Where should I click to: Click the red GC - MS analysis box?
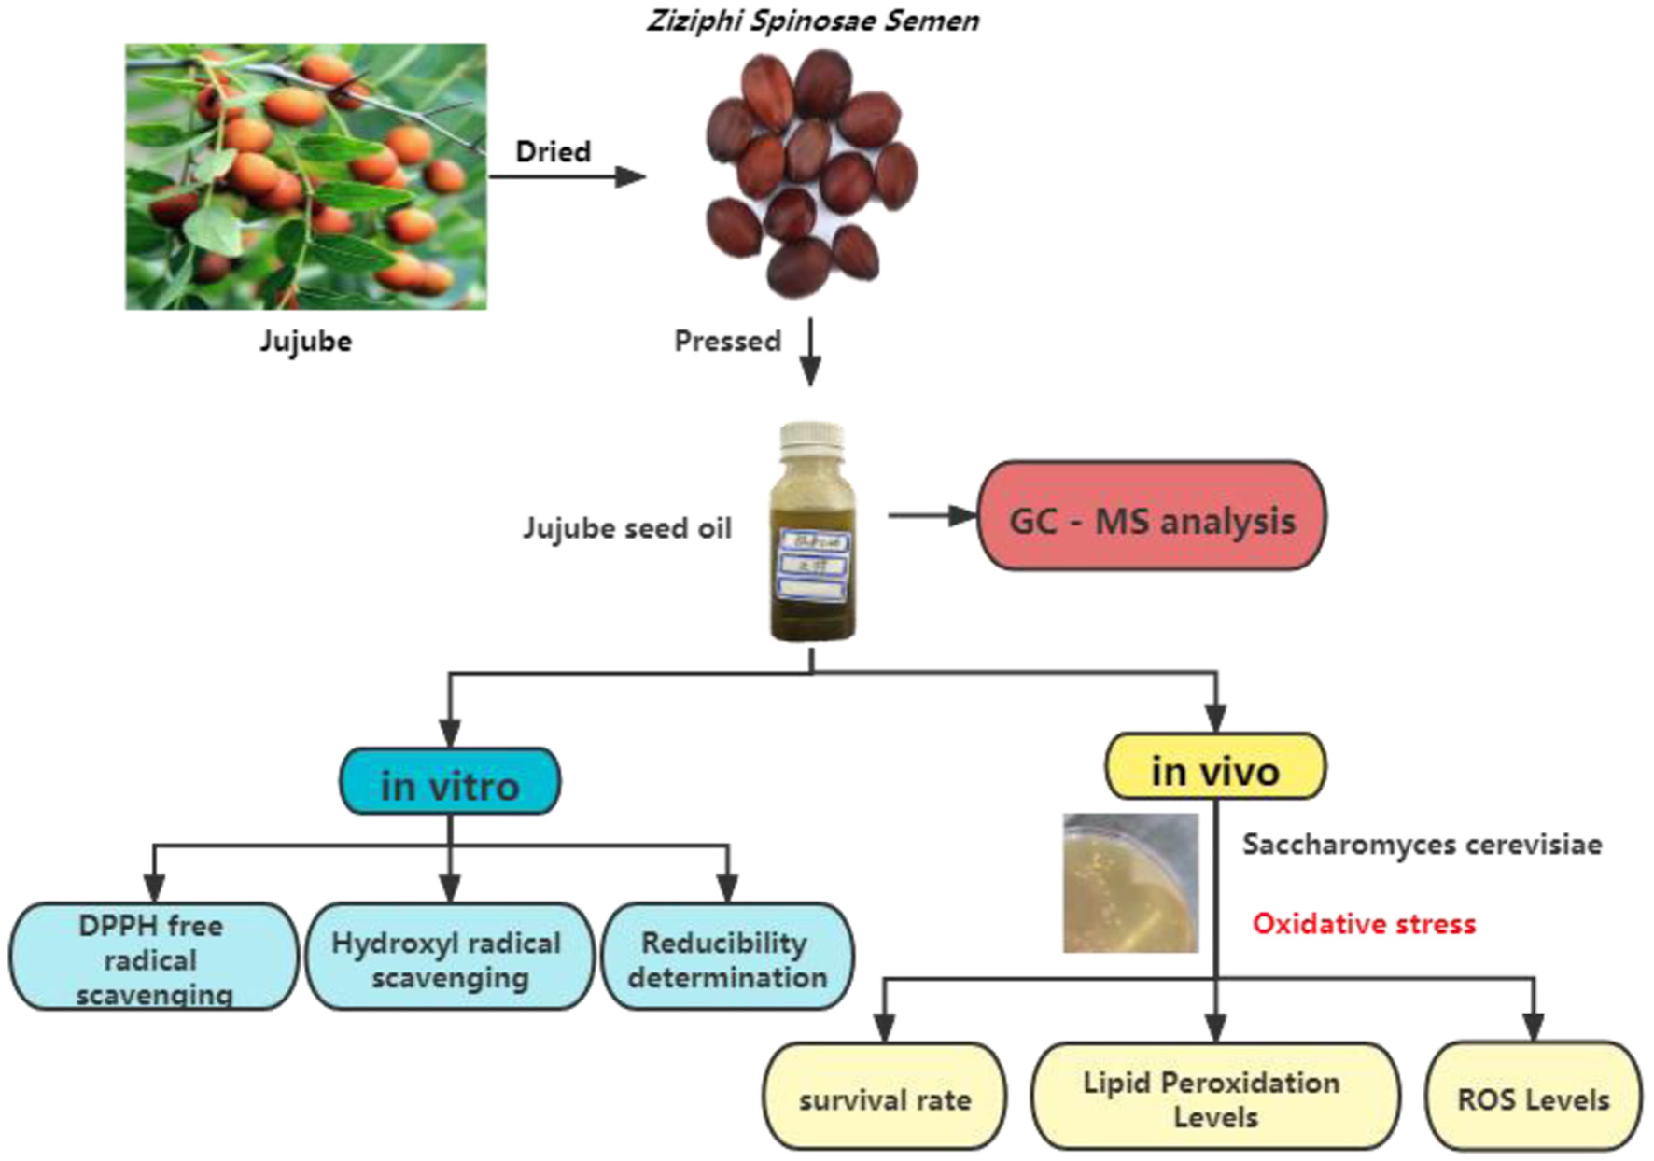coord(1151,516)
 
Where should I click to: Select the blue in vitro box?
coord(450,782)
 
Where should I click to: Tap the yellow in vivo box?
coord(1214,767)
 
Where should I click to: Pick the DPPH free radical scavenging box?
coord(153,957)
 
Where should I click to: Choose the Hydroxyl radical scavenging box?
coord(449,957)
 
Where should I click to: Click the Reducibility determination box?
coord(727,957)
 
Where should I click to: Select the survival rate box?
coord(885,1098)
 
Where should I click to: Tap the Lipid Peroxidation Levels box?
coord(1213,1098)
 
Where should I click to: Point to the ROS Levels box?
coord(1533,1098)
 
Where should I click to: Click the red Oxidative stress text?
coord(1364,924)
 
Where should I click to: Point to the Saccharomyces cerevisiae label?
coord(1422,845)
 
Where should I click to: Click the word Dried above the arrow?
coord(553,152)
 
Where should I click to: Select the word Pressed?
coord(727,342)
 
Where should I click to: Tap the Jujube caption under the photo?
coord(305,342)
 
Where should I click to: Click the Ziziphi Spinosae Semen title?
coord(813,21)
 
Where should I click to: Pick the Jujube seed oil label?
coord(626,528)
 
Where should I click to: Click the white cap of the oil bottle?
coord(811,439)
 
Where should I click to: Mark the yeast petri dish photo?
coord(1130,883)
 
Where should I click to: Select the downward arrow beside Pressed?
coord(810,352)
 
